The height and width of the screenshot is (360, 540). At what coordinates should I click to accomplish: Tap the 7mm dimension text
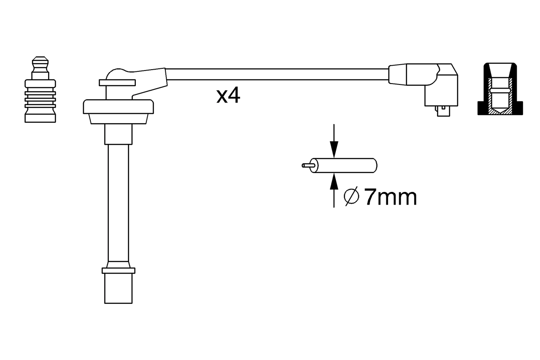[x=391, y=197]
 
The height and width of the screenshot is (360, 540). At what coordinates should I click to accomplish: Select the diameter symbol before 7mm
[x=351, y=197]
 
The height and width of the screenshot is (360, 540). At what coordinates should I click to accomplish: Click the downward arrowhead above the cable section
[x=334, y=149]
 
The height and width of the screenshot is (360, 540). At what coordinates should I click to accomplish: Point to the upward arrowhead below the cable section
[x=334, y=181]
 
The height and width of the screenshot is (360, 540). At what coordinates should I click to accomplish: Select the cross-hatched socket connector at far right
[x=500, y=89]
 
